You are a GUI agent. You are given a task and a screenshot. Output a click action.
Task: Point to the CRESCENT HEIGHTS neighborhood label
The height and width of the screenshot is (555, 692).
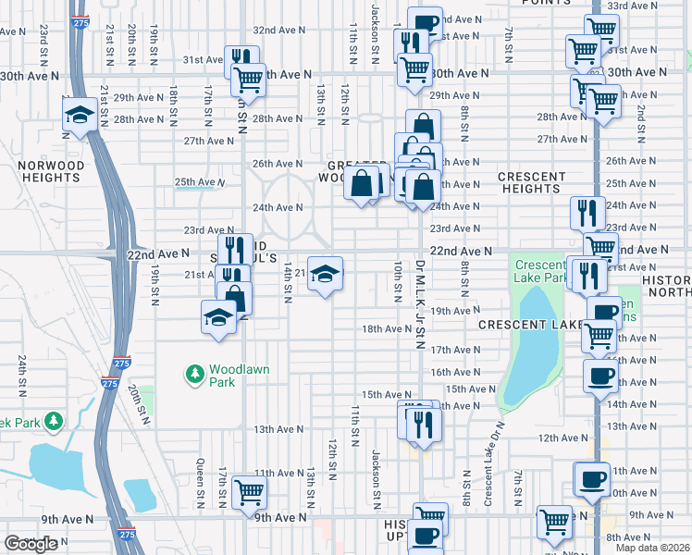[532, 182]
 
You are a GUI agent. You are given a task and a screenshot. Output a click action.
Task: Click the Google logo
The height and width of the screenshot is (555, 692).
[31, 544]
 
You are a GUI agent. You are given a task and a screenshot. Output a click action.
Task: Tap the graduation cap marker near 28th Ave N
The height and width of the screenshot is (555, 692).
[80, 116]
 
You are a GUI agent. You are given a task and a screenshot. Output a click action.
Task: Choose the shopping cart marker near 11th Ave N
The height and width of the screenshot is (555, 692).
[250, 492]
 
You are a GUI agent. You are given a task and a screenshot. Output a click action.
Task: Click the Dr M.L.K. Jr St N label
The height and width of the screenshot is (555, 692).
[419, 305]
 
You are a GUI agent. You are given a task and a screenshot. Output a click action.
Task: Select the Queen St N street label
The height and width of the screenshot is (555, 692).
[200, 483]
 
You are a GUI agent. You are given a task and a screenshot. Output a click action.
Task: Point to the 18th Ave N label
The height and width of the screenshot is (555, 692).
[386, 328]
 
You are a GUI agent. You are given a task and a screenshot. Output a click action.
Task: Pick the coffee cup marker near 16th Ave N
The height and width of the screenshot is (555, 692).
[599, 376]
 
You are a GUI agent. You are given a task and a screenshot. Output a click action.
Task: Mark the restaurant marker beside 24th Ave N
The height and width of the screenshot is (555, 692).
[587, 212]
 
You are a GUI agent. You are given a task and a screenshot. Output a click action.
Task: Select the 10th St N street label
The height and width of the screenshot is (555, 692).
[396, 280]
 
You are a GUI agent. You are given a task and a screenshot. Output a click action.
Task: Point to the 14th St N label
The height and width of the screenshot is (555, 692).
[288, 277]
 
